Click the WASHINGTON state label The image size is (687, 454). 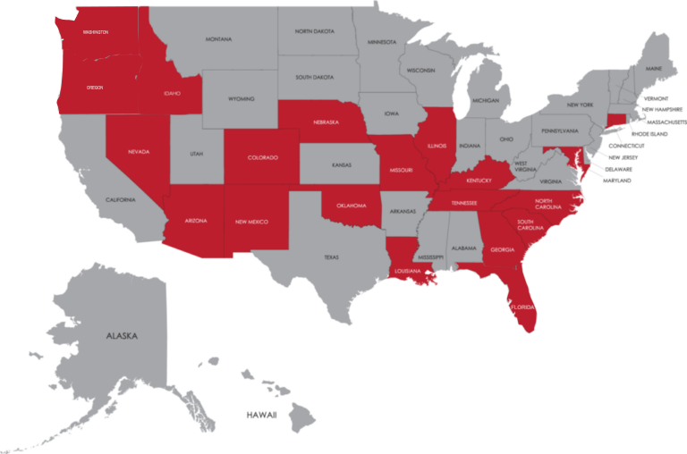(95, 31)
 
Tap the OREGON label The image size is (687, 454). (94, 88)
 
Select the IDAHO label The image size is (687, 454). (173, 92)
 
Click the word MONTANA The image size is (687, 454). (218, 39)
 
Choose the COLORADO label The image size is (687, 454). (262, 157)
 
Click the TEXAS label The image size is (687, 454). (331, 256)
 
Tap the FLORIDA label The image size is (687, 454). (522, 307)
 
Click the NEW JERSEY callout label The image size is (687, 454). (623, 156)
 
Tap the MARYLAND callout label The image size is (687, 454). (616, 181)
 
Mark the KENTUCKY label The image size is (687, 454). (479, 180)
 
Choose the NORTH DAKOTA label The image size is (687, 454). (314, 30)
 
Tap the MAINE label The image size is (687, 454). (654, 68)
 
